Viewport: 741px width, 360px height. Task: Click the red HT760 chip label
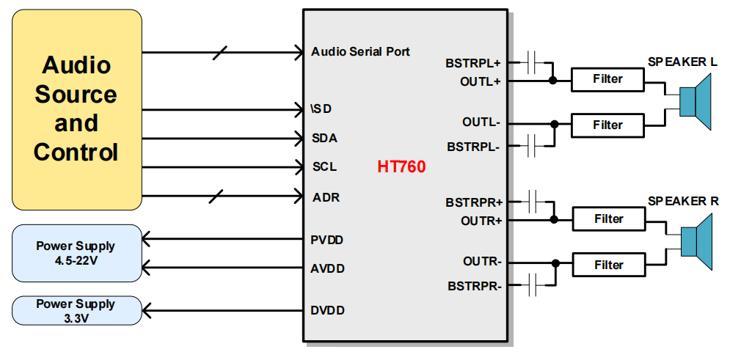tap(401, 167)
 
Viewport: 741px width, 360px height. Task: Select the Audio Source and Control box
tap(76, 109)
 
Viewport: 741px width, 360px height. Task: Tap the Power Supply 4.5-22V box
tap(76, 253)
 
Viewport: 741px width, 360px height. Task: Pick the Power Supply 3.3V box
tap(76, 310)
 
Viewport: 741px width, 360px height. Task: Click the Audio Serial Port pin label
tap(360, 52)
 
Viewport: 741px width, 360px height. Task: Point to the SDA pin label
tap(324, 138)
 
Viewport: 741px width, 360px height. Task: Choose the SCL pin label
tap(324, 166)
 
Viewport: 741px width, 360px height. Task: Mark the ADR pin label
tap(326, 197)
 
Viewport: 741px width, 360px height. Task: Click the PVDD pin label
tap(327, 240)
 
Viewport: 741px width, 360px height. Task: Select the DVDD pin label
tap(328, 311)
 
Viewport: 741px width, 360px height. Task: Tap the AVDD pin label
tap(328, 268)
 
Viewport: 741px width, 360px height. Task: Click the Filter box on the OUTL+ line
tap(607, 79)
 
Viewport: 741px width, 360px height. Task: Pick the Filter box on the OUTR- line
tap(608, 265)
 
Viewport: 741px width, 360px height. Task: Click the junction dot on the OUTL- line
tap(555, 125)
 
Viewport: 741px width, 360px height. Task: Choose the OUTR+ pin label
tap(481, 220)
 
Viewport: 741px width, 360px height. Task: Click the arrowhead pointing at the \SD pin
tap(299, 109)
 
